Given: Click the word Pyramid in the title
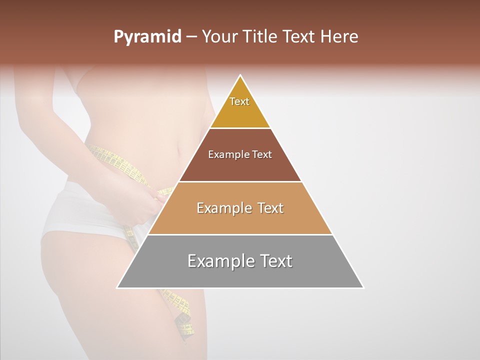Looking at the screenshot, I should click(x=147, y=37).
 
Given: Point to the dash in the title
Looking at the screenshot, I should click(x=191, y=37).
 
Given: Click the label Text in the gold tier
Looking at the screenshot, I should click(x=239, y=101).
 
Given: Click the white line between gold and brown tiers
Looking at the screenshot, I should click(x=240, y=128).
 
